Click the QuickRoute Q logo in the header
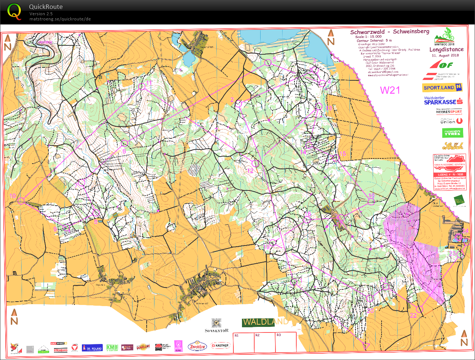[15, 12]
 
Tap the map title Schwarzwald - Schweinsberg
[389, 32]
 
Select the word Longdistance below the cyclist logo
[446, 49]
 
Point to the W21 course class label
[390, 90]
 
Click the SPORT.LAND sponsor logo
[443, 88]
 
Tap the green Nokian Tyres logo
[453, 133]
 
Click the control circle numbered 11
[142, 87]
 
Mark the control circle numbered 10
[21, 201]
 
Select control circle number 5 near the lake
[268, 63]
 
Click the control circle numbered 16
[371, 202]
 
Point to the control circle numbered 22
[420, 309]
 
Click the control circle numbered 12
[255, 163]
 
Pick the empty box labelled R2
[264, 343]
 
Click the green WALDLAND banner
[265, 322]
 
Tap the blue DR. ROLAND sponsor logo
[92, 348]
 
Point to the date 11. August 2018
[445, 55]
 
